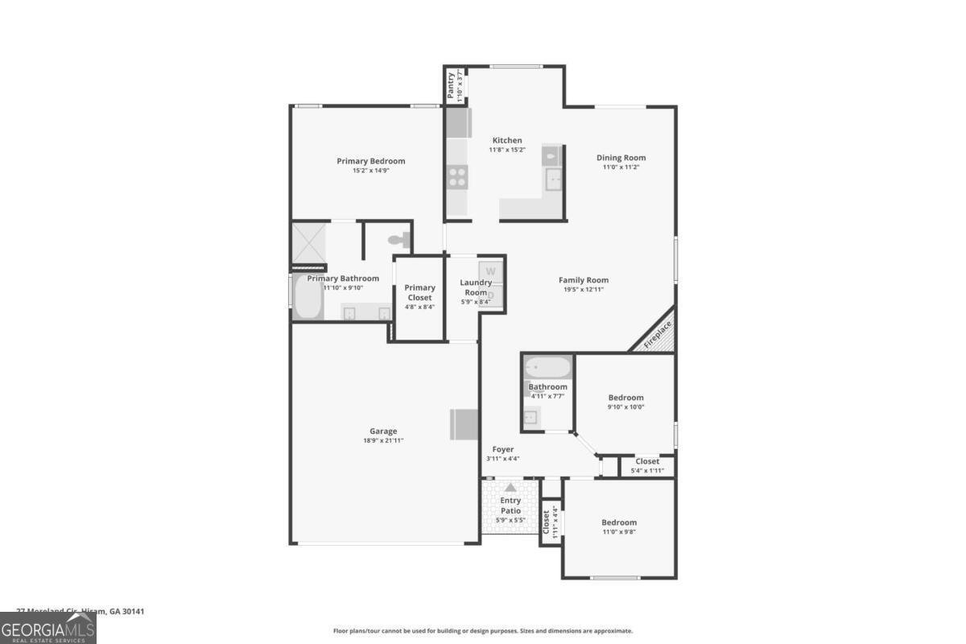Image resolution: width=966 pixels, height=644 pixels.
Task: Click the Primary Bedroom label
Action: tap(370, 161)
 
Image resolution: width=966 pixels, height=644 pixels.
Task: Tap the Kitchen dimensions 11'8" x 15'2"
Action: tap(507, 150)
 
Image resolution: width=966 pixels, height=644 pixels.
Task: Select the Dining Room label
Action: tap(621, 158)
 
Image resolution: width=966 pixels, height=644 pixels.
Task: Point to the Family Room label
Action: tap(583, 280)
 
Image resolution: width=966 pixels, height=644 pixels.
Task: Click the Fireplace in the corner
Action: tap(654, 333)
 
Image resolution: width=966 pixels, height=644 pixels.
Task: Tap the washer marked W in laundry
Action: tap(490, 270)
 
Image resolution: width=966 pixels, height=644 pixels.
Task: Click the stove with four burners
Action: tap(457, 176)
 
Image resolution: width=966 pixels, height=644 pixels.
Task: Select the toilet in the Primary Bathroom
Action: tap(398, 239)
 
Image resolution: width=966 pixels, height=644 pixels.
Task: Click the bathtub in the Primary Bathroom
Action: tap(307, 298)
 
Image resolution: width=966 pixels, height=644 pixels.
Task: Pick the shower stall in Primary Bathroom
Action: tap(308, 243)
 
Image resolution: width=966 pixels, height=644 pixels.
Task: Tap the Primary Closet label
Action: tap(419, 292)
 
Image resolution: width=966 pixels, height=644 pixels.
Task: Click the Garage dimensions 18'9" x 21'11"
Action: tap(383, 440)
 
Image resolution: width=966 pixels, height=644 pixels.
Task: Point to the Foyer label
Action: tap(502, 449)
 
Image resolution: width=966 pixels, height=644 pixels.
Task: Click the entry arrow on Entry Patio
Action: tap(510, 487)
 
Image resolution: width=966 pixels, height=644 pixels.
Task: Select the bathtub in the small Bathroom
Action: tap(547, 368)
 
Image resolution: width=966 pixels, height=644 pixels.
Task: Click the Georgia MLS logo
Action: tap(47, 628)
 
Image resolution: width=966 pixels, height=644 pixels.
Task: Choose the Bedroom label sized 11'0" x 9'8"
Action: tap(620, 522)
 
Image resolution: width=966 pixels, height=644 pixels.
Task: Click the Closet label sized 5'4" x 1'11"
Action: tap(647, 461)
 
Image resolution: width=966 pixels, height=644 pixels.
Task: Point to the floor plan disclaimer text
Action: tap(483, 631)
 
